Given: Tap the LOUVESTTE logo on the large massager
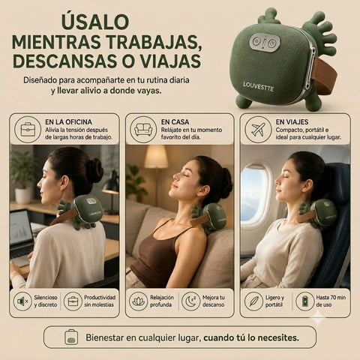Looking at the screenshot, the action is [258, 86].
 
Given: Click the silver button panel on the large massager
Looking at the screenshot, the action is [265, 43].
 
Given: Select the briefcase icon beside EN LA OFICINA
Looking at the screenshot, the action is [28, 130].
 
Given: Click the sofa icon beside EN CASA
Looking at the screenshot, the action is [143, 130].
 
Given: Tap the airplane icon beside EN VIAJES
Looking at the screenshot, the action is [258, 130].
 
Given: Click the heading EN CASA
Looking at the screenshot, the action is [175, 122].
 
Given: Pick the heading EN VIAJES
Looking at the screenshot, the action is [292, 122].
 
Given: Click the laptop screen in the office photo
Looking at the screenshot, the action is [21, 229].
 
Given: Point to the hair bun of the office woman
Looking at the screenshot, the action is [94, 170].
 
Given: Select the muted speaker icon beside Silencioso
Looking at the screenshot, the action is [22, 301].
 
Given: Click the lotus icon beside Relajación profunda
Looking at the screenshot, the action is [139, 301].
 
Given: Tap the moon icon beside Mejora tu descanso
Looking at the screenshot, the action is [190, 301].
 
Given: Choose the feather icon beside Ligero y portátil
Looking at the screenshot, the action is [253, 301].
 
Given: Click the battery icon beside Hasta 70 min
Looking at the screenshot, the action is [305, 301].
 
